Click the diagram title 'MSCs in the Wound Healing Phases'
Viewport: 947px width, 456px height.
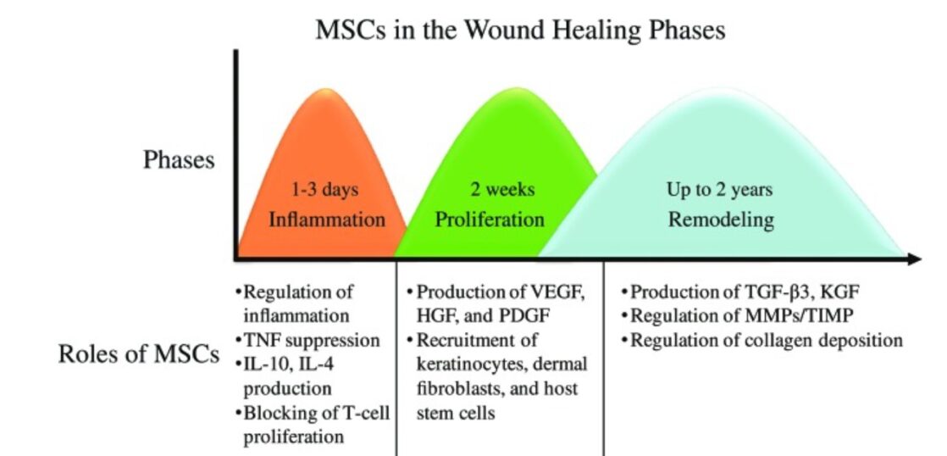520,30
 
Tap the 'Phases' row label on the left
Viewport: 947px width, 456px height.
179,161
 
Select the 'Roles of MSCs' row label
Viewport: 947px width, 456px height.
138,354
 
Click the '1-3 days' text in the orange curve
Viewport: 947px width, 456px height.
325,190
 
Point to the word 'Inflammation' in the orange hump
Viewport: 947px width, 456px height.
327,219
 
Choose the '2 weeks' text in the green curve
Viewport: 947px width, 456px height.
503,190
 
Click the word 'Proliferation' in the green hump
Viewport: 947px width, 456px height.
490,219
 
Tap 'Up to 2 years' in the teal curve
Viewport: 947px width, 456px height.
719,190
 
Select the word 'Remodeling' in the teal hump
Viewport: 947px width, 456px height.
721,220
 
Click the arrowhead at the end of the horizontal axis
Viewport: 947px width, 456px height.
913,259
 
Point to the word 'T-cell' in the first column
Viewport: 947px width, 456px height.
364,414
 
